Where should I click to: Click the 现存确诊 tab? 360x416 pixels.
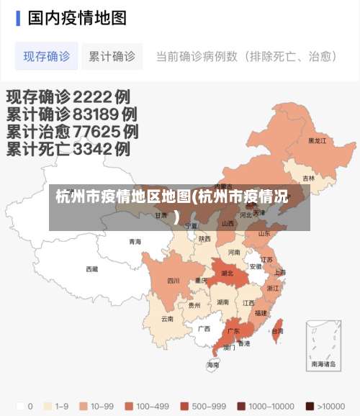point(47,56)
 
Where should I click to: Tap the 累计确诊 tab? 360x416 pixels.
point(112,56)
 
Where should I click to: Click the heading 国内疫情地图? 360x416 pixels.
point(77,17)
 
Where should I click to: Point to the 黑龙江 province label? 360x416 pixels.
point(317,141)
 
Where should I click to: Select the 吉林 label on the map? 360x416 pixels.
point(308,178)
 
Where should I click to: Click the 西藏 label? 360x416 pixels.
point(92,269)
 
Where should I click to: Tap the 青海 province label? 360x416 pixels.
point(135,242)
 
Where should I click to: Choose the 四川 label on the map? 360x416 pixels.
point(174,281)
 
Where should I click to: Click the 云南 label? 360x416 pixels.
point(167,318)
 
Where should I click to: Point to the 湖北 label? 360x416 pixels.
point(227,273)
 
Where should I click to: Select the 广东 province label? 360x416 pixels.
point(233,332)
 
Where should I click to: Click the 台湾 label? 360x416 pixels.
point(277,331)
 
